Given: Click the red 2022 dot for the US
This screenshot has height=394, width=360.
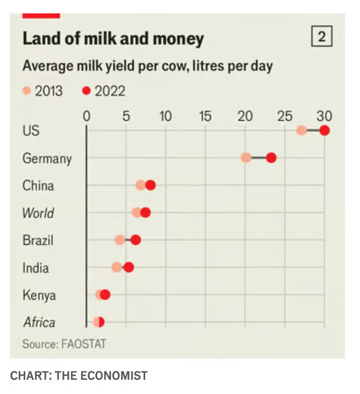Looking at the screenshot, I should [324, 130].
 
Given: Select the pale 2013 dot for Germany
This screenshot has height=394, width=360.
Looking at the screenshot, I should [246, 157].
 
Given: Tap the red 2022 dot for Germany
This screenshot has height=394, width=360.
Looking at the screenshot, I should [271, 157].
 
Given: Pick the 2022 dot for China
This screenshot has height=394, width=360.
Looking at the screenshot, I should [151, 185].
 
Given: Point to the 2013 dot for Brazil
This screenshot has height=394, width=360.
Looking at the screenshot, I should [120, 240].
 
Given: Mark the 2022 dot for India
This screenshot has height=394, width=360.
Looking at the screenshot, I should [128, 267].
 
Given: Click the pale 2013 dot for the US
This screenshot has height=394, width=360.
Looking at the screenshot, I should [301, 130].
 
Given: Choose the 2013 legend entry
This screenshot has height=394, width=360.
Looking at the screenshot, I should [43, 91].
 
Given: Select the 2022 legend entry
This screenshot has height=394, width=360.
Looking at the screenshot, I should [104, 91].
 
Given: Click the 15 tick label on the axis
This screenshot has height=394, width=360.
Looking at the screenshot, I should [205, 116].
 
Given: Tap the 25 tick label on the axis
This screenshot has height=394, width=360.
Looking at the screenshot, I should [285, 116].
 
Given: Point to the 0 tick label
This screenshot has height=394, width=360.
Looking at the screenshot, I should [86, 116].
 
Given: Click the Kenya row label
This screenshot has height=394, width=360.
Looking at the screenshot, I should [39, 295].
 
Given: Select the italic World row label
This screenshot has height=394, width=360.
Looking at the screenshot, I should [38, 213].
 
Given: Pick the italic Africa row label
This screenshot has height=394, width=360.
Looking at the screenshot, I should [39, 322].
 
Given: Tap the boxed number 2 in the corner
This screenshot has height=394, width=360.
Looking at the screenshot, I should [322, 37].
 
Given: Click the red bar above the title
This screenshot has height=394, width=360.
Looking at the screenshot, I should [41, 16].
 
